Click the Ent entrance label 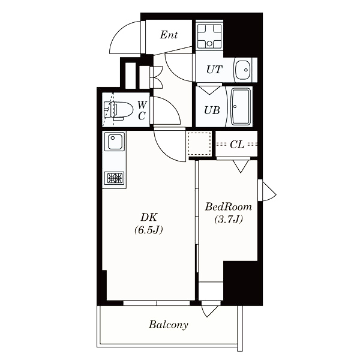click(169, 35)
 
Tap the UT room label click(214, 70)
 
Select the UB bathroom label click(212, 110)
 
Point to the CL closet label click(237, 145)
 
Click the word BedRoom click(229, 207)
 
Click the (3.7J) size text click(229, 219)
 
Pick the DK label click(149, 217)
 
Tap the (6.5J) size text click(149, 230)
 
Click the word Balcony click(169, 325)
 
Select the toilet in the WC click(119, 110)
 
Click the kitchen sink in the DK click(115, 142)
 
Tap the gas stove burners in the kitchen click(115, 178)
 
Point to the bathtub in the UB click(241, 107)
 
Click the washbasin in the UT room click(242, 70)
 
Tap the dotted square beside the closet click(199, 144)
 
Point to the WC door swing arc click(171, 106)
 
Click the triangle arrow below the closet click(241, 166)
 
